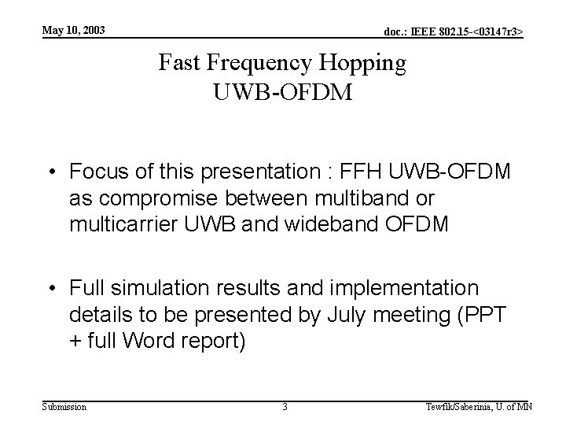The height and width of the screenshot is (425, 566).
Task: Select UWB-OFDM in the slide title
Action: click(x=283, y=92)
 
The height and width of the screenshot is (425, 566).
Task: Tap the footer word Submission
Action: click(x=64, y=406)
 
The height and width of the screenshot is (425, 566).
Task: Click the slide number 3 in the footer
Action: click(x=285, y=406)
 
